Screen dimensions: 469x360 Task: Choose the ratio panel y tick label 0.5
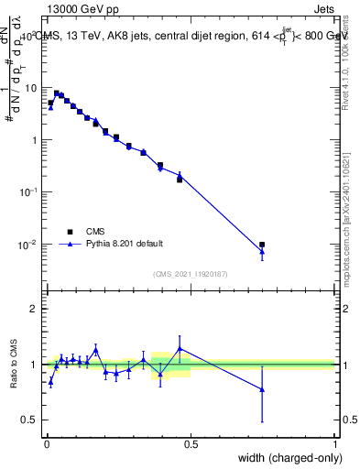pos(31,420)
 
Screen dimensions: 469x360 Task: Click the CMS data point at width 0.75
pos(262,245)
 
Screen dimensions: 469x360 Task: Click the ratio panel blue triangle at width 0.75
pos(262,389)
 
